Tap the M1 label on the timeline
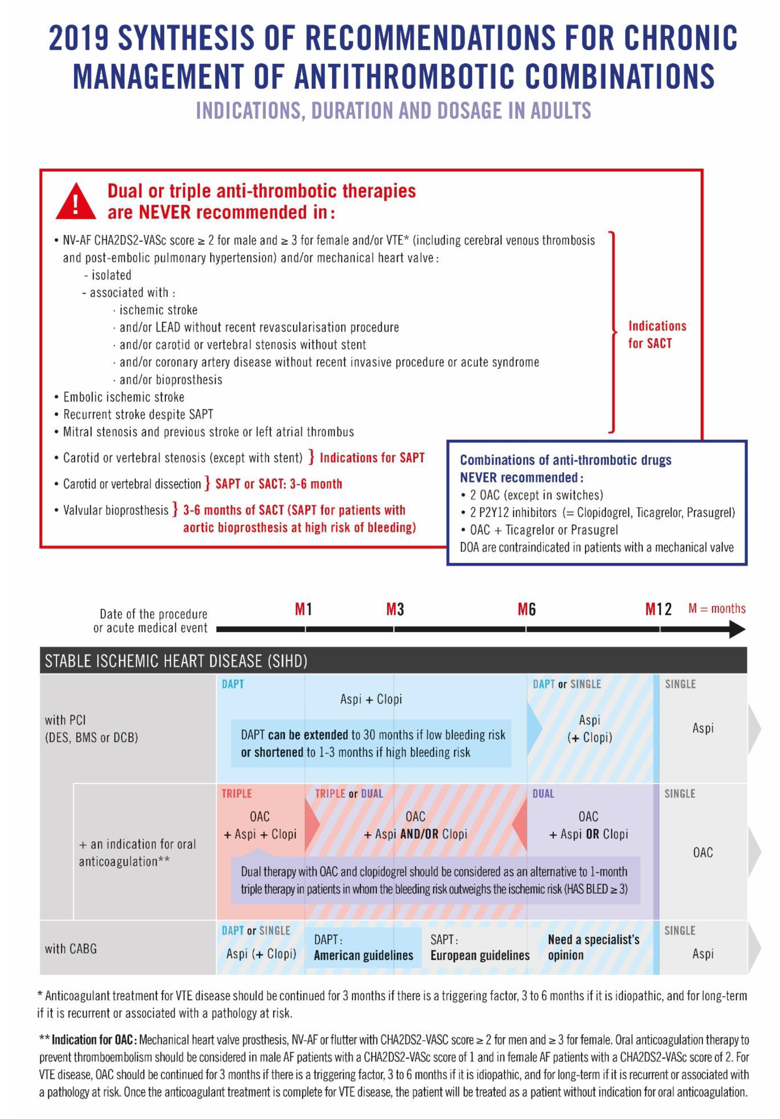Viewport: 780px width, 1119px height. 303,609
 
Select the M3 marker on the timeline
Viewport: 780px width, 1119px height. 395,609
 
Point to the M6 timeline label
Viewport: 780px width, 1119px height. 526,609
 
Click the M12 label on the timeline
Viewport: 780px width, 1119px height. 658,609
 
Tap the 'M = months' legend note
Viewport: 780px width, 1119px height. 717,609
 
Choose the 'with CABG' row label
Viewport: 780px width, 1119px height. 71,949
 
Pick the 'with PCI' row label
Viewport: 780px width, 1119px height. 65,720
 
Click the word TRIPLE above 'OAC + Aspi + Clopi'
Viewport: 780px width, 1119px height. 236,794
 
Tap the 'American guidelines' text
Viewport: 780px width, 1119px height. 363,956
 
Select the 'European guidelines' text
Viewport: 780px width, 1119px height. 480,956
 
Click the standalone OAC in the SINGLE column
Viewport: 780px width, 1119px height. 703,852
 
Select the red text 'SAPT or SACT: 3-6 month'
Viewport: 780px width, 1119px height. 278,484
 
